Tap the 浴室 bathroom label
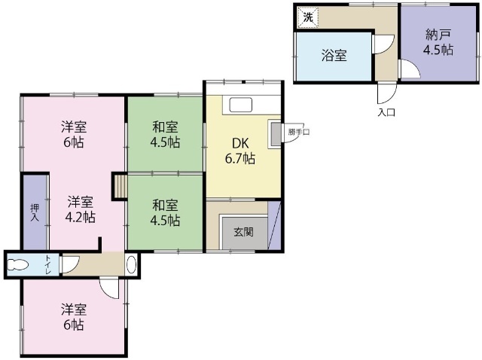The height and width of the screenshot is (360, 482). click(334, 55)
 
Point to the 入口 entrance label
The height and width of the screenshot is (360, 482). click(386, 113)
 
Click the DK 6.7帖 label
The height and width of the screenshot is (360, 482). click(240, 151)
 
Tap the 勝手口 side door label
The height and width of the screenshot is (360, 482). click(297, 133)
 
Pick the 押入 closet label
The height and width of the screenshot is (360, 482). click(35, 212)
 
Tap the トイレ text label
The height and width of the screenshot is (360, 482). click(48, 264)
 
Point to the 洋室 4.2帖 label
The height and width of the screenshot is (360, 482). click(80, 209)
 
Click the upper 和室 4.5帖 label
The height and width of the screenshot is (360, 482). click(164, 134)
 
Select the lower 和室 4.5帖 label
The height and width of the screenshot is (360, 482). click(164, 212)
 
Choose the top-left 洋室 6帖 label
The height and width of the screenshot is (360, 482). click(73, 135)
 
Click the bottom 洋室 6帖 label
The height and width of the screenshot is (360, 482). click(73, 318)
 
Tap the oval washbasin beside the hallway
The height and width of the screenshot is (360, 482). click(132, 264)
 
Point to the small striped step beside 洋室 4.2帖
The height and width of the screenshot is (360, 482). click(119, 186)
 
